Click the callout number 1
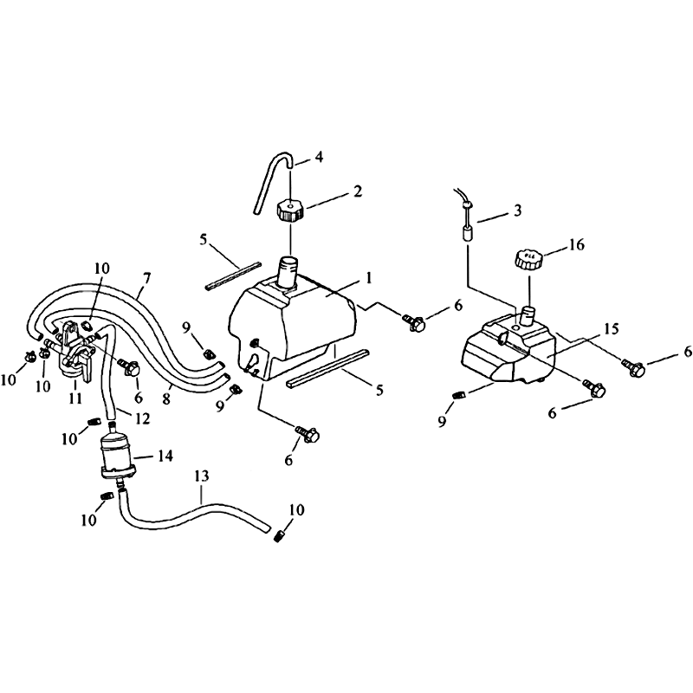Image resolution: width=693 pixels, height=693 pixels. [369, 278]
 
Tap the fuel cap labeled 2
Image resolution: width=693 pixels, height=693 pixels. [290, 210]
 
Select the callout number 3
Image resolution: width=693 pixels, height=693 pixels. [516, 210]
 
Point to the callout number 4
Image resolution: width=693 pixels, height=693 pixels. [319, 157]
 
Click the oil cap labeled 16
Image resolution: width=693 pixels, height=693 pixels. [528, 259]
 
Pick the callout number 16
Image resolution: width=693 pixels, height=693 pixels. [577, 244]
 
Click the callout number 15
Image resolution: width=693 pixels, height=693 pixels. [612, 329]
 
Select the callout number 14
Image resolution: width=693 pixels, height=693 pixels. [165, 456]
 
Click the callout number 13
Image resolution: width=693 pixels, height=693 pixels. [201, 476]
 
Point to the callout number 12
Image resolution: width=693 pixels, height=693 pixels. [142, 418]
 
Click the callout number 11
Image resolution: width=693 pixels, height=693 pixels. [75, 398]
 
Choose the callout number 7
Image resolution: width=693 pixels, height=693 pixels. [146, 278]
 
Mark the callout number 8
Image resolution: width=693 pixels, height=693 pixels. [166, 399]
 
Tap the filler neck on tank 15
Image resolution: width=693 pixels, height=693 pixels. [528, 314]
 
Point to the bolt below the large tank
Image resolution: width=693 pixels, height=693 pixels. [308, 434]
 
